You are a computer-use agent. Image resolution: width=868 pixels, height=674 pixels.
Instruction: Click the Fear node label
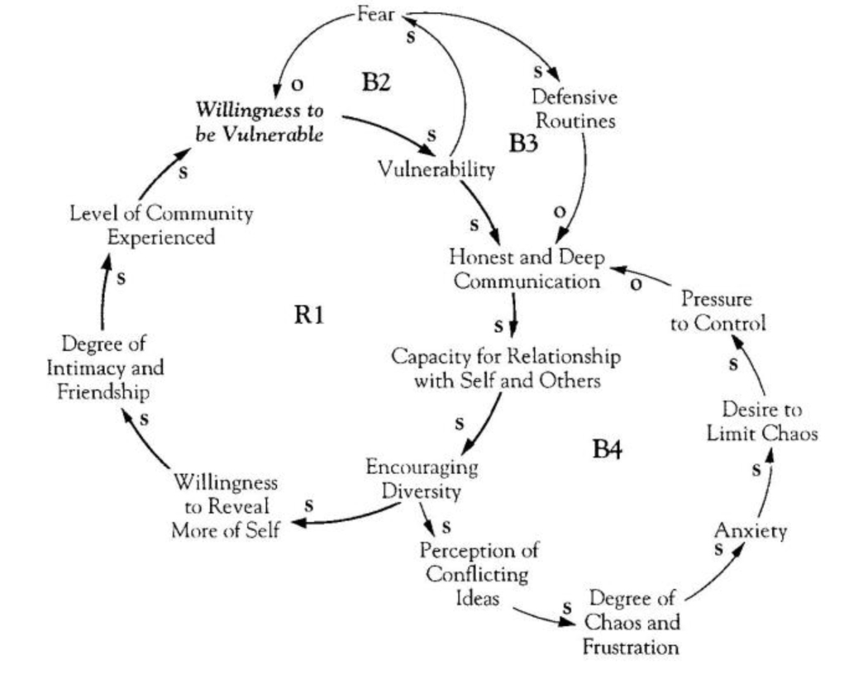376,14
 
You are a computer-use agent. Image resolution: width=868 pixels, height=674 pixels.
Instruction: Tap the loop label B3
524,144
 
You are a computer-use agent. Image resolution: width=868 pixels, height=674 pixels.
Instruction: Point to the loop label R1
308,315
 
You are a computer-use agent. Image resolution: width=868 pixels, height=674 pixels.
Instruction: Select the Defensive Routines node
576,107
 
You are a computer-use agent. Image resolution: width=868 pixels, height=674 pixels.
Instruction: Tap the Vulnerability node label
436,169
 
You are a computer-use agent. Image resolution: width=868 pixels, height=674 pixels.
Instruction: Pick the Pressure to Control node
718,311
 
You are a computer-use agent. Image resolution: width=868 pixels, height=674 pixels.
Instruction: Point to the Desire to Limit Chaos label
761,421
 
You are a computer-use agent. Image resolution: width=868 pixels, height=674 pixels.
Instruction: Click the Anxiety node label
751,531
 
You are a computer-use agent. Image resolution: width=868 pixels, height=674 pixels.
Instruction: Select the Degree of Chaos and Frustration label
632,622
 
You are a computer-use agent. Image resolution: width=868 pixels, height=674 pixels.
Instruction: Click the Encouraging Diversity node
422,478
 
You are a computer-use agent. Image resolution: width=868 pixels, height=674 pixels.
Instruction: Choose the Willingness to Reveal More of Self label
225,505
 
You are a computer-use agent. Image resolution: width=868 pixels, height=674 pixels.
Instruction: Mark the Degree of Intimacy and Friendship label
104,367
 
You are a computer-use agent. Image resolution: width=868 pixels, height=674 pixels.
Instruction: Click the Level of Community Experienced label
161,225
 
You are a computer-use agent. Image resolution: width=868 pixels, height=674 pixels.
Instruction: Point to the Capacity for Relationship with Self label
506,369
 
